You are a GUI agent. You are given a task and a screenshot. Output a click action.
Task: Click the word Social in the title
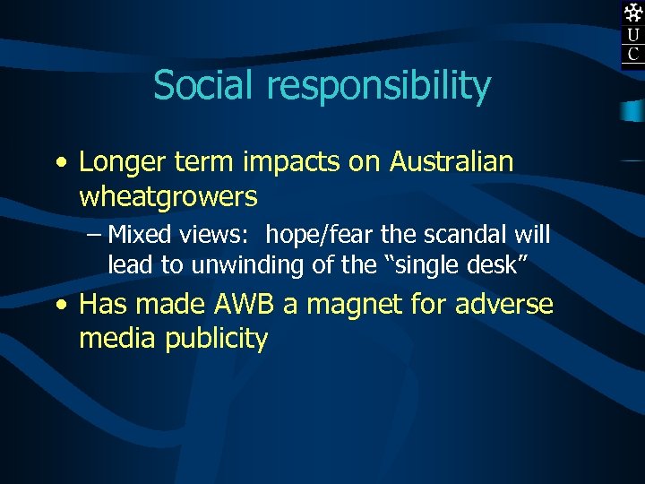[x=203, y=86]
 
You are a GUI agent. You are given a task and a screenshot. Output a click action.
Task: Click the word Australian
[x=451, y=162]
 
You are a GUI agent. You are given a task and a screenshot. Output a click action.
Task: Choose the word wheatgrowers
[x=168, y=196]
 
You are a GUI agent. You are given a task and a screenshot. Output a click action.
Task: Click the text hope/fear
[x=312, y=236]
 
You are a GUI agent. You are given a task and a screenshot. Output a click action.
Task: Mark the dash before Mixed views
[x=95, y=236]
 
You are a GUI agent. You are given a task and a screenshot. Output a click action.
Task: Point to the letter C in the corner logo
[x=633, y=56]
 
